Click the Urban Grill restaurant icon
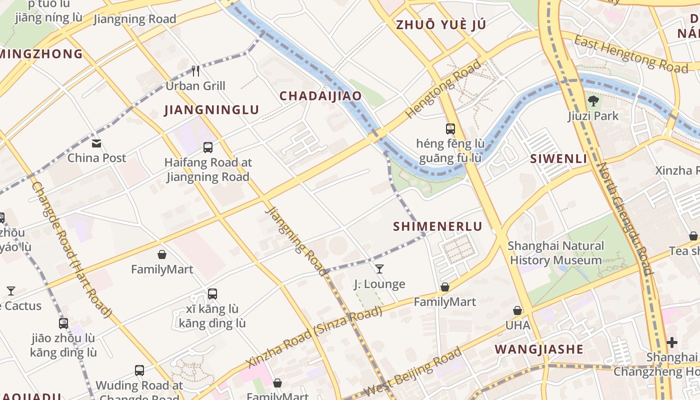pos(195,71)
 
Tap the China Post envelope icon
pos(96,143)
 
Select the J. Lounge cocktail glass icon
pos(379,269)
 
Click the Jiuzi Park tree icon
pos(593,101)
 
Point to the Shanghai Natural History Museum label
pos(555,253)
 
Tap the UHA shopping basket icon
pos(517,310)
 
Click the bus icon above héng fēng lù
pos(450,129)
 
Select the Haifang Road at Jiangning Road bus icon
pos(208,147)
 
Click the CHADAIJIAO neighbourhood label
pos(320,96)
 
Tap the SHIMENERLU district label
pos(437,226)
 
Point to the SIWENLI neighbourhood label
pos(558,159)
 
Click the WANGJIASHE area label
pos(539,349)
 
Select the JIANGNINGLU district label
pos(212,110)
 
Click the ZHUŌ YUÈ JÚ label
pos(440,25)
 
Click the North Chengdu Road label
pos(625,218)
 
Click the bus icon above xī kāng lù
pos(212,293)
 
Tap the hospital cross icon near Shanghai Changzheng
pos(672,342)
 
